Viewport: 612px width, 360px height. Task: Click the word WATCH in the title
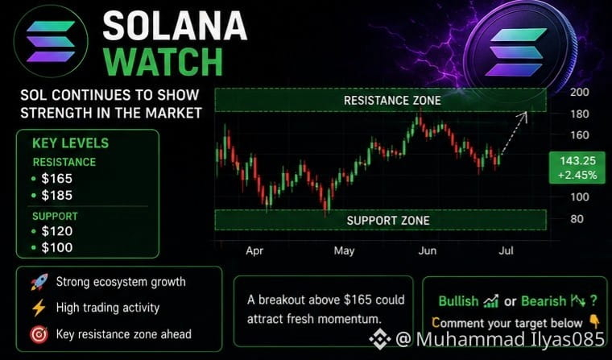click(x=164, y=62)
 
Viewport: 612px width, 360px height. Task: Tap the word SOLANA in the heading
click(x=175, y=26)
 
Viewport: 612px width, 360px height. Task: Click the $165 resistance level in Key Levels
click(x=57, y=179)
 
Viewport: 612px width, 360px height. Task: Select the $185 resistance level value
click(x=57, y=195)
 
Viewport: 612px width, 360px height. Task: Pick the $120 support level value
click(x=57, y=231)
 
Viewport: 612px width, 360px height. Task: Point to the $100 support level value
click(x=57, y=247)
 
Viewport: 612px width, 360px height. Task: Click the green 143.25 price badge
click(x=577, y=168)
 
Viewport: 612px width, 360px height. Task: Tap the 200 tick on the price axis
click(x=579, y=92)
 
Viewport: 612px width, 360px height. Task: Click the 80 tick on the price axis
click(x=577, y=218)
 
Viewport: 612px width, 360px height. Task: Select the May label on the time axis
click(x=344, y=250)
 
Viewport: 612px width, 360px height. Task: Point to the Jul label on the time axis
click(x=506, y=250)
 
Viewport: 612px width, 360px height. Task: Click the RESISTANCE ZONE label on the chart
click(x=392, y=101)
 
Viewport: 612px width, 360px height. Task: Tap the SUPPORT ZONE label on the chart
click(x=388, y=221)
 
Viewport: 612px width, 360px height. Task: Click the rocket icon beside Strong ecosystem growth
click(x=39, y=282)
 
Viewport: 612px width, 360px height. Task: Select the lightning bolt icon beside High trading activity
click(x=39, y=308)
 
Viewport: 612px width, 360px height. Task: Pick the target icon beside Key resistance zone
click(x=39, y=334)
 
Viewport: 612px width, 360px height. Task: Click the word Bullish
click(x=458, y=301)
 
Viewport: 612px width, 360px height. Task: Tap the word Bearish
click(x=544, y=301)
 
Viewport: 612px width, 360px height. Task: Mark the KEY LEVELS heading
click(x=71, y=143)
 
